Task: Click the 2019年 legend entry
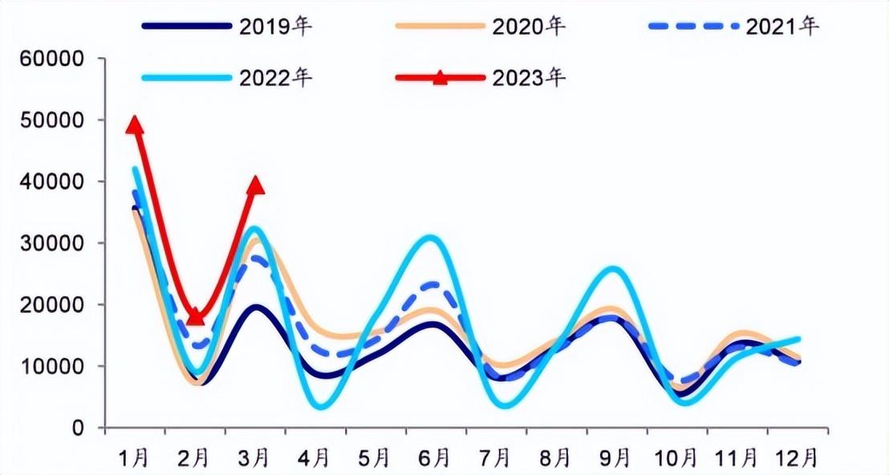[227, 26]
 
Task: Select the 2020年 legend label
[529, 26]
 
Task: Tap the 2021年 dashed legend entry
[734, 26]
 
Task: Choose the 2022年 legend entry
[227, 78]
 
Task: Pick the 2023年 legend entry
[489, 78]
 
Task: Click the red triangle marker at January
[134, 124]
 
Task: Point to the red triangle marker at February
[196, 316]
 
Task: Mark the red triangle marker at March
[256, 185]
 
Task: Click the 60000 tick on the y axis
[51, 59]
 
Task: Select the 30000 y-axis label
[51, 243]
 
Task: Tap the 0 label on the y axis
[79, 428]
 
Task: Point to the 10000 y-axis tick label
[51, 366]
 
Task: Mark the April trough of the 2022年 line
[321, 406]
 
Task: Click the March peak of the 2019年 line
[256, 308]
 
